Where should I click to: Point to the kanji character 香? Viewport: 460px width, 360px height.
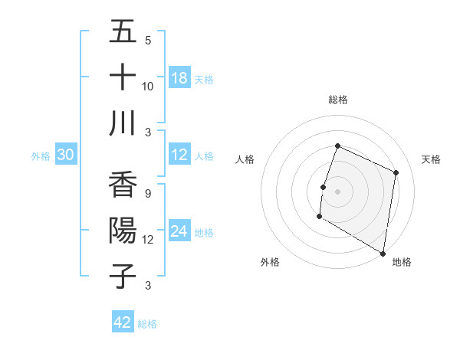coord(123,185)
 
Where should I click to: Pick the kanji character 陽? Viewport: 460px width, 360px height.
coord(123,231)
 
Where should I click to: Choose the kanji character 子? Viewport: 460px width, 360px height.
coord(123,277)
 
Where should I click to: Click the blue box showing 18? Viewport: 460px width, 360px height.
coord(179,78)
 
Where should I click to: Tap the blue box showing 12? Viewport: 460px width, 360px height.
coord(179,155)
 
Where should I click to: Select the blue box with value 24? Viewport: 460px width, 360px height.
coord(179,232)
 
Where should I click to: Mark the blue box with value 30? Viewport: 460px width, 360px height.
coord(65,155)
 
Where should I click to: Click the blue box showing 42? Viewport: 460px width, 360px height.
coord(123,322)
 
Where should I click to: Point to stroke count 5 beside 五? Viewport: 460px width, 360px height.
coord(148,40)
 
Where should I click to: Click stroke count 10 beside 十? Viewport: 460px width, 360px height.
coord(148,86)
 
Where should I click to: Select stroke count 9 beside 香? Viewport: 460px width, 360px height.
coord(147,193)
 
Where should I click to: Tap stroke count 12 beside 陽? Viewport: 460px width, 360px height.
coord(148,239)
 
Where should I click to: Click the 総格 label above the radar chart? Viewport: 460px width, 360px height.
coord(338,100)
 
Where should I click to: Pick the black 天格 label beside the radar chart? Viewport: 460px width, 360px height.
coord(432,159)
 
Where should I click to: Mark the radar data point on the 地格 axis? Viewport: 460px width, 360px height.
coord(383,253)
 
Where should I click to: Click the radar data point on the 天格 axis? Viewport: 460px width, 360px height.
coord(396,172)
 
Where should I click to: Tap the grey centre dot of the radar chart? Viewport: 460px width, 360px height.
coord(337,191)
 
